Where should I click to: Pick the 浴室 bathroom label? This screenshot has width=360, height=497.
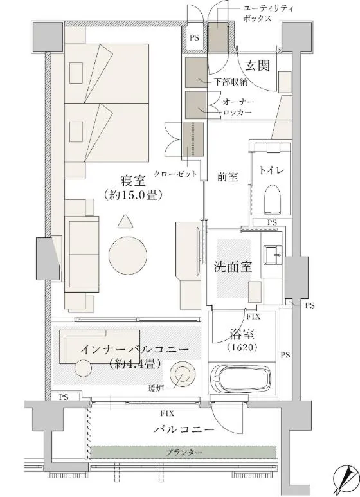point(243,334)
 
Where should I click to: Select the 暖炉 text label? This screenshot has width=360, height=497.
point(154,388)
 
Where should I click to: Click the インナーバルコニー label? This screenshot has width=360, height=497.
point(134,350)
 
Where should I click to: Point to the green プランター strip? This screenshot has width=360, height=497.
point(183,452)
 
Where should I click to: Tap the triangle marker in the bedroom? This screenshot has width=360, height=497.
point(125,221)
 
